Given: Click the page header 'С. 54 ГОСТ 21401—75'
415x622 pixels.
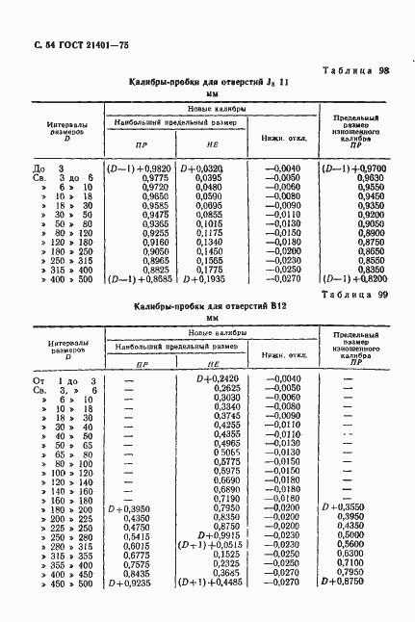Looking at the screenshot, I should [x=76, y=46].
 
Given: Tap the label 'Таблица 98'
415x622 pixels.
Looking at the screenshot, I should [x=353, y=70].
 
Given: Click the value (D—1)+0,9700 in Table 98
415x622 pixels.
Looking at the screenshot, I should [x=354, y=168].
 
